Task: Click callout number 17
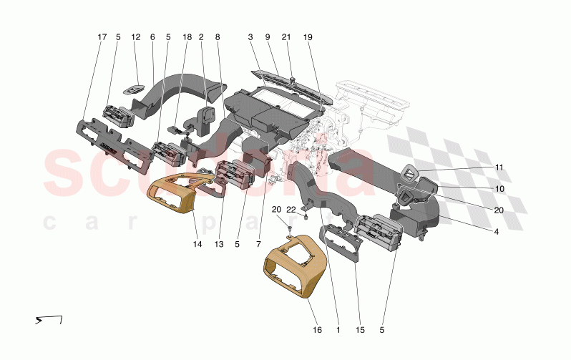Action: click(x=102, y=37)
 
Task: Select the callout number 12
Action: click(x=136, y=37)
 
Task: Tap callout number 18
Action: click(x=187, y=37)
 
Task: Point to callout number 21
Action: click(x=286, y=37)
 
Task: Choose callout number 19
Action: click(x=308, y=37)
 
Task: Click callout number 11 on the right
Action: click(x=499, y=167)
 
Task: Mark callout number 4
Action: click(x=497, y=232)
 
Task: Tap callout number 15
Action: click(x=361, y=331)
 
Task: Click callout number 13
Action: click(x=220, y=244)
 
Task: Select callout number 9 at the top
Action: click(x=267, y=37)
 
